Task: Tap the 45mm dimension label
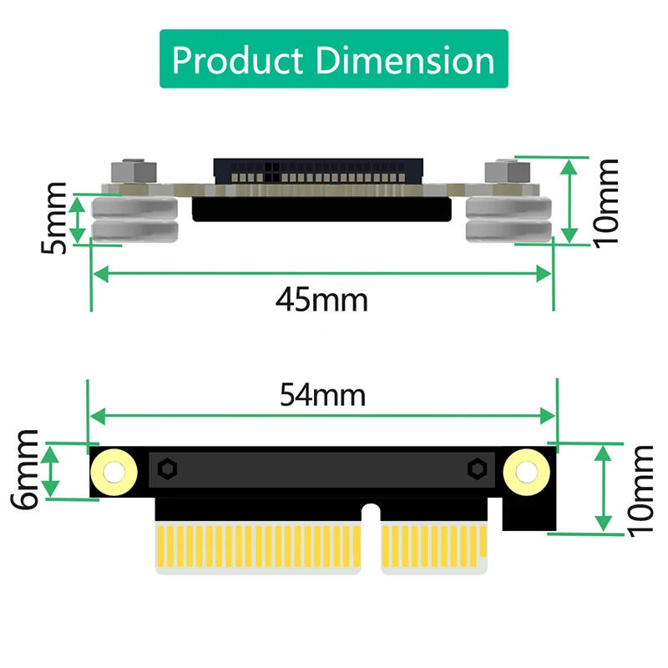click(321, 298)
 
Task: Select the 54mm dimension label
click(321, 394)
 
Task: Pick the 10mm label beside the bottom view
click(641, 489)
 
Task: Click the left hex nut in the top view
click(134, 171)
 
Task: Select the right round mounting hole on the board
click(527, 472)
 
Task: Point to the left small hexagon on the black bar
click(167, 469)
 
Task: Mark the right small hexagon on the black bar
click(478, 469)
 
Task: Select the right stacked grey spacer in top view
click(507, 220)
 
